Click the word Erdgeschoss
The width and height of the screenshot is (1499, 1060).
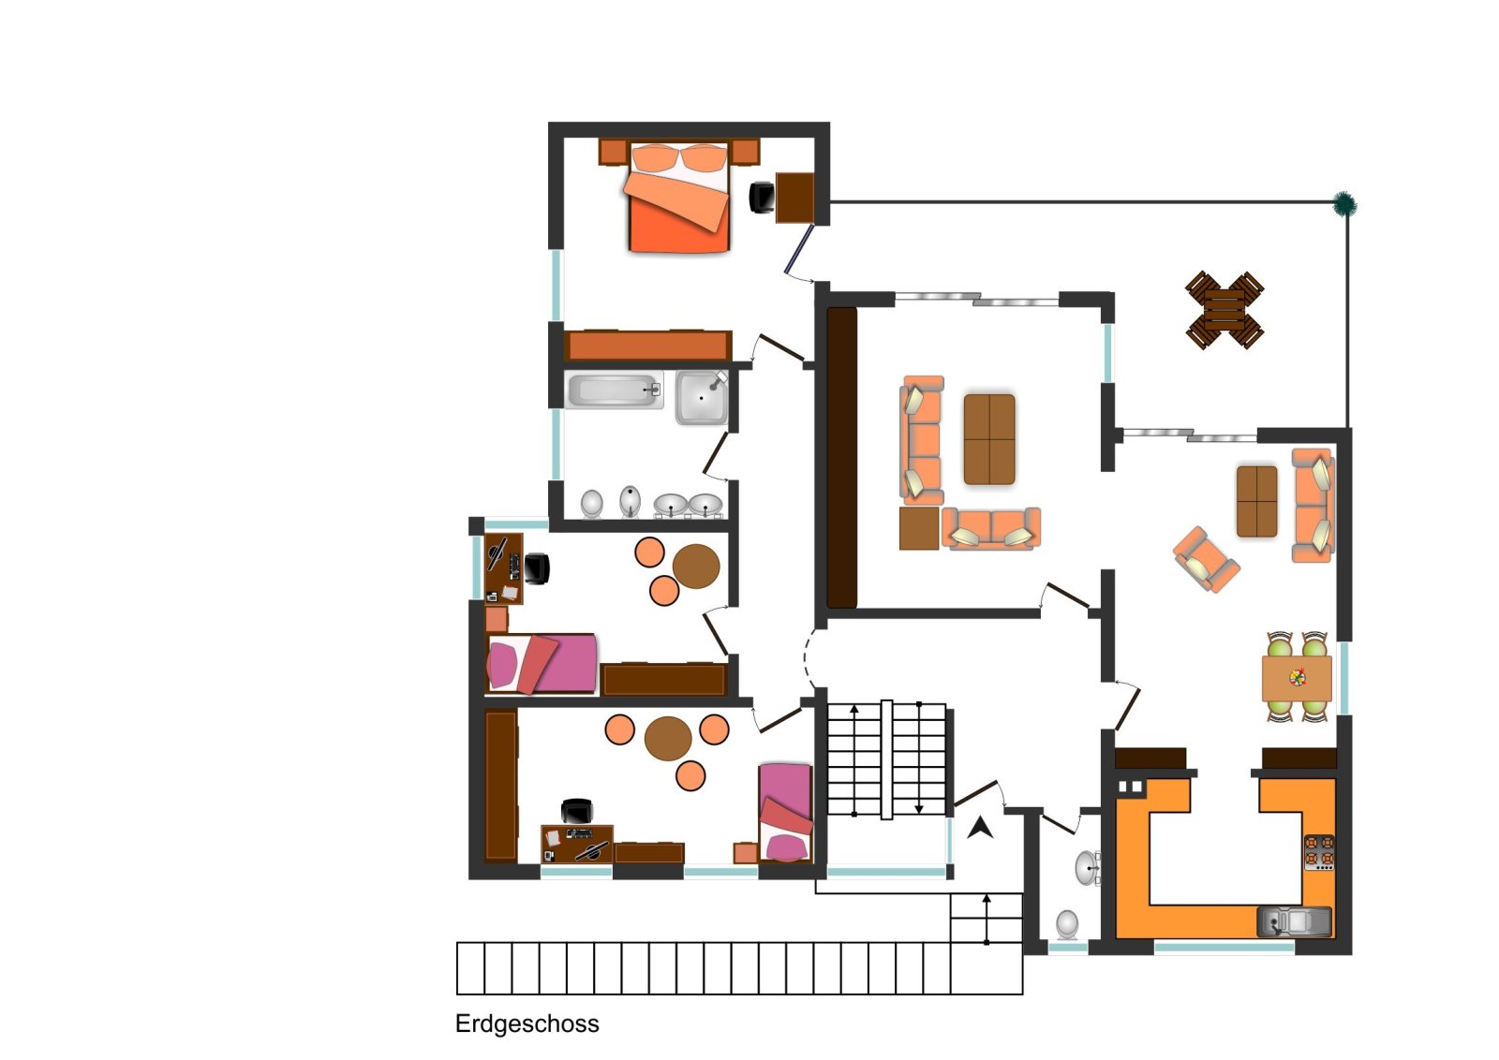pyautogui.click(x=527, y=1023)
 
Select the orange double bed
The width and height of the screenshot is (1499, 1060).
pyautogui.click(x=677, y=197)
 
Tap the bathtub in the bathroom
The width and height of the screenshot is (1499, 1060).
pyautogui.click(x=615, y=390)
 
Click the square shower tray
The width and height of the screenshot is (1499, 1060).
pyautogui.click(x=702, y=398)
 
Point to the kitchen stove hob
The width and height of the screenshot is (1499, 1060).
pyautogui.click(x=1319, y=852)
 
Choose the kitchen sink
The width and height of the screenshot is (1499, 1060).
pyautogui.click(x=1294, y=922)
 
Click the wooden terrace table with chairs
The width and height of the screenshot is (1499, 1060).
pyautogui.click(x=1224, y=310)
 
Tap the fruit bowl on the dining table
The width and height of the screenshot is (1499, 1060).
pyautogui.click(x=1298, y=677)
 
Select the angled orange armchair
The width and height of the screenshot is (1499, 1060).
pyautogui.click(x=1206, y=559)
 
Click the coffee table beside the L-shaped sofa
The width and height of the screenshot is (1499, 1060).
pyautogui.click(x=989, y=439)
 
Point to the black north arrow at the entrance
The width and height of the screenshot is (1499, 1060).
pyautogui.click(x=981, y=828)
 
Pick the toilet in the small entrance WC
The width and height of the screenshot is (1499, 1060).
pyautogui.click(x=1067, y=925)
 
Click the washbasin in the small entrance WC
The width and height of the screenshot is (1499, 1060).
pyautogui.click(x=1088, y=867)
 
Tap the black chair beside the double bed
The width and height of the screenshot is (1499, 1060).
pyautogui.click(x=762, y=197)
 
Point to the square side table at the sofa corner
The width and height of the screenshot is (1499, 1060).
pyautogui.click(x=919, y=528)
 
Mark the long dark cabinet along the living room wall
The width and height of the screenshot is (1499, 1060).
pyautogui.click(x=842, y=458)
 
